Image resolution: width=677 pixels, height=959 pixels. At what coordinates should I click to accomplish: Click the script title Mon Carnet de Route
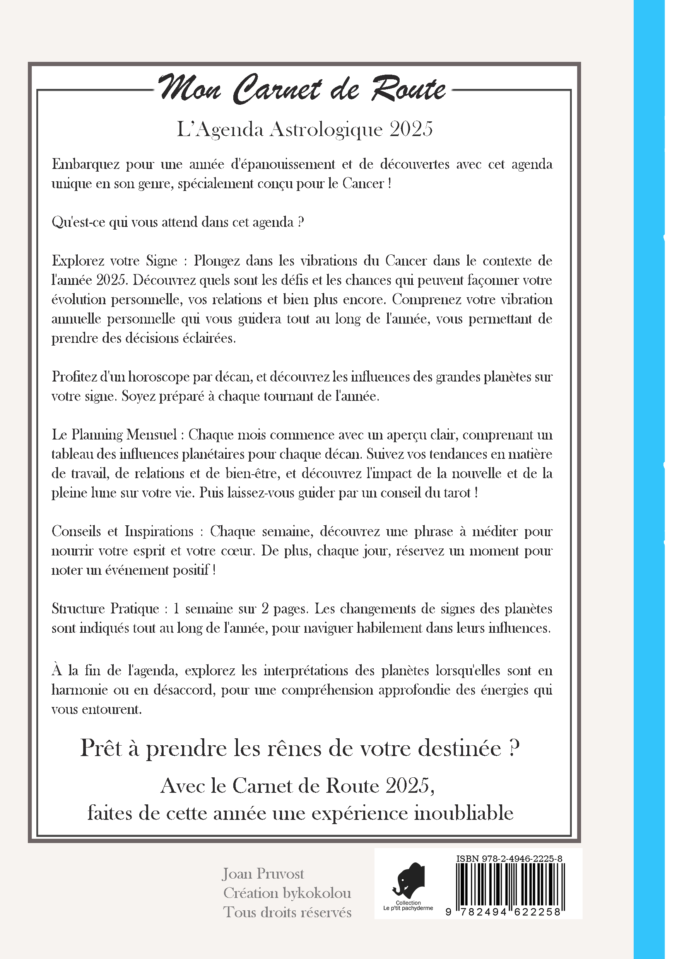pos(302,89)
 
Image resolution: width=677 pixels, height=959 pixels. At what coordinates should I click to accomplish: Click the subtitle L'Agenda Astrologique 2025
pos(305,129)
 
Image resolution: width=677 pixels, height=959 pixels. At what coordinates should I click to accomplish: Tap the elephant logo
pos(409,880)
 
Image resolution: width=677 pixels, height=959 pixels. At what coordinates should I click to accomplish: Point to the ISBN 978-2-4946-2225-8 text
pos(509,859)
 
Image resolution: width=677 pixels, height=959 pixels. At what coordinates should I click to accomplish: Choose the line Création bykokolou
pos(287,893)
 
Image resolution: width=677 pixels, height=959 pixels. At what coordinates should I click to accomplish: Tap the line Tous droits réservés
pos(287,912)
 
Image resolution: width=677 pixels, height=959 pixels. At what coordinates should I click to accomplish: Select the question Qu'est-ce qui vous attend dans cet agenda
pos(178,222)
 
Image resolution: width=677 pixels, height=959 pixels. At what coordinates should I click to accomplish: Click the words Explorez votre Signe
pos(114,261)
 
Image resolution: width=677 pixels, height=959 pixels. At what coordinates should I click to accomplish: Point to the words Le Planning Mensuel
pos(114,435)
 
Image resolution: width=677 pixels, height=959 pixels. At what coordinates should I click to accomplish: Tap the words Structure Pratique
pos(105,608)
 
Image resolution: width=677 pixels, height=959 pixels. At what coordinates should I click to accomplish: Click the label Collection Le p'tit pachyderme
pos(408,906)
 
